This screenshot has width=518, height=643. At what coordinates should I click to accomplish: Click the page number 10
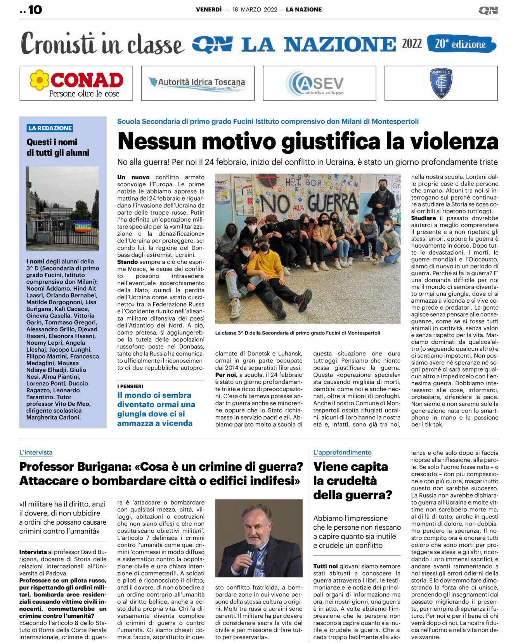[x=35, y=10]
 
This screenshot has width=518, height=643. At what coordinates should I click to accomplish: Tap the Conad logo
[x=76, y=83]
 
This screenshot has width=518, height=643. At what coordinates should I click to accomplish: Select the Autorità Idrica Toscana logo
[x=197, y=83]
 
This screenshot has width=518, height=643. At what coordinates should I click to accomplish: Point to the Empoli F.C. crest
[x=441, y=83]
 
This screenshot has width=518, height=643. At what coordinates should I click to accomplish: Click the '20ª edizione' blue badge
[x=461, y=44]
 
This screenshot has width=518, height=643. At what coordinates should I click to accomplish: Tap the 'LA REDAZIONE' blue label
[x=50, y=128]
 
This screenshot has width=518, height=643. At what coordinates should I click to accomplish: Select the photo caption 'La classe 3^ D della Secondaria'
[x=298, y=333]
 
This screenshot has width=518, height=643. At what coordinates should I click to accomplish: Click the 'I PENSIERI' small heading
[x=130, y=386]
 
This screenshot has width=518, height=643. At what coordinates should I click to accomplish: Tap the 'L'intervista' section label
[x=36, y=452]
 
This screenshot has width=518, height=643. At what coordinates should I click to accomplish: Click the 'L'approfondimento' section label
[x=342, y=452]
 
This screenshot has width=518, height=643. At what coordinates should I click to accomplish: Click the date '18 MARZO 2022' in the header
[x=255, y=10]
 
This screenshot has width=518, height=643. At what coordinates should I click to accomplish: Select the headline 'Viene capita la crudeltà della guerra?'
[x=352, y=481]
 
